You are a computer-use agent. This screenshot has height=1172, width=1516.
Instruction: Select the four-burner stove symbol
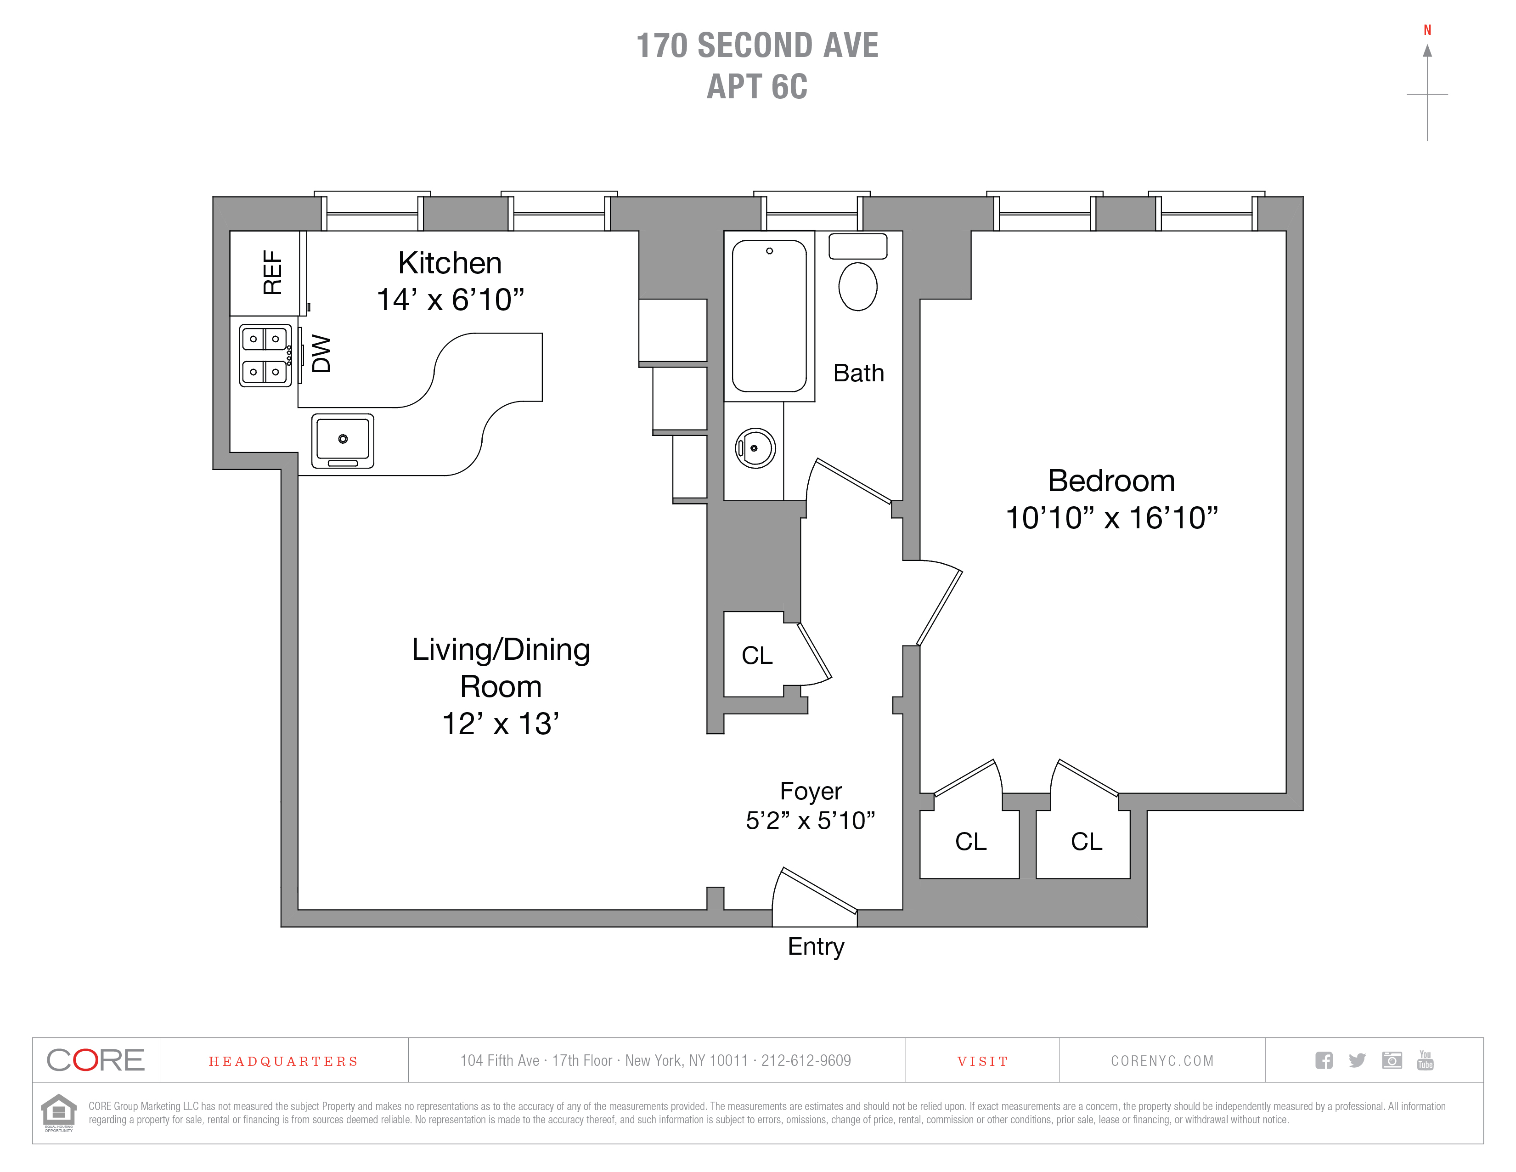coord(265,356)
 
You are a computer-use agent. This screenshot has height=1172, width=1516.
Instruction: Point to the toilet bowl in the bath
coord(858,286)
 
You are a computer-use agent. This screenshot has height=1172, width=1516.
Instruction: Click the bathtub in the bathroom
coord(769,316)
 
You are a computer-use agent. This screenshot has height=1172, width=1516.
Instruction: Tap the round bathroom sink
coord(755,448)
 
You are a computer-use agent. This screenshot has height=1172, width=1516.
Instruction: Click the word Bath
coord(859,373)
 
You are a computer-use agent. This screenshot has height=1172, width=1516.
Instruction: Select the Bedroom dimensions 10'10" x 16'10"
coord(1111,518)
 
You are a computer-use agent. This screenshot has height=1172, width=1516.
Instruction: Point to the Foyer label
coord(811,791)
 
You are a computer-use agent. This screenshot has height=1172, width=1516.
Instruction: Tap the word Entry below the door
coord(816,947)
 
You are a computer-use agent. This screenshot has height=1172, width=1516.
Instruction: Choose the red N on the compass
coord(1427,30)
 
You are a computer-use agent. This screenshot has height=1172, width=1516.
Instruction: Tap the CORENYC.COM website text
coord(1162,1061)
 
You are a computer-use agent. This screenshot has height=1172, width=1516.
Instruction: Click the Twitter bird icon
coord(1357,1060)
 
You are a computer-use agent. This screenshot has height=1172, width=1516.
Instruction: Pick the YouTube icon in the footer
coord(1425,1060)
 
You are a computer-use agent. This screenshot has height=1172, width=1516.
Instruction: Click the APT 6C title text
coord(757,87)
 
